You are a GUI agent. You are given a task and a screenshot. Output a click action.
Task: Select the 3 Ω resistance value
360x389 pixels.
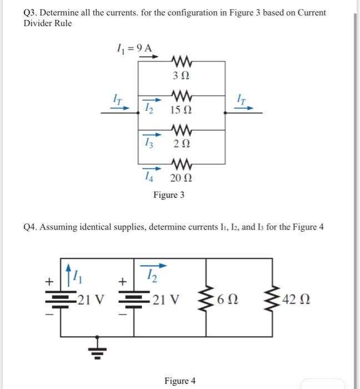tap(179, 74)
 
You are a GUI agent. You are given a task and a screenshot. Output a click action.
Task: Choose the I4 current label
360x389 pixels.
tap(147, 177)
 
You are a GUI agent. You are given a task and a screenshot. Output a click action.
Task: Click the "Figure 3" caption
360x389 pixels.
tap(169, 195)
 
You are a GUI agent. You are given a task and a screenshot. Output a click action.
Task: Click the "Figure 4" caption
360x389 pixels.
tap(180, 381)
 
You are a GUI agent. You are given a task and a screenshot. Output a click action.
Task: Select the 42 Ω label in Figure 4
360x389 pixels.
tap(292, 300)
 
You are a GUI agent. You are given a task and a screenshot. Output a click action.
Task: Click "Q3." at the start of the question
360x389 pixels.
tap(32, 13)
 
